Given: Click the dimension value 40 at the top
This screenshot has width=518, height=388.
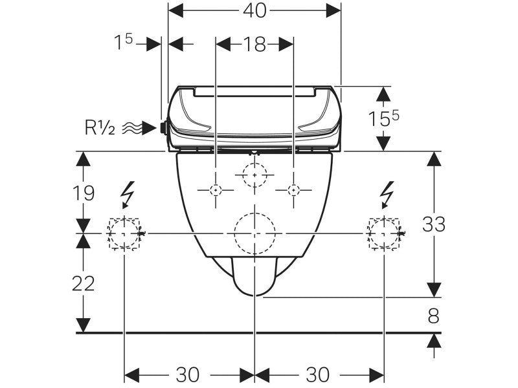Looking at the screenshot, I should coord(255,11).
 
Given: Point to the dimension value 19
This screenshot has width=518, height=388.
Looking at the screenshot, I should coord(84,192).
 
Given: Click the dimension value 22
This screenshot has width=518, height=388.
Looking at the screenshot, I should coord(84,283).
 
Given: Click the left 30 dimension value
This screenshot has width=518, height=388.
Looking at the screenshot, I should coord(188,374).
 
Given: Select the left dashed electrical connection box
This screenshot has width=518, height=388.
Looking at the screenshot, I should coord(124,233).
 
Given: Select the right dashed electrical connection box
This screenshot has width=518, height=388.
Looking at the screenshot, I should coord(385,233).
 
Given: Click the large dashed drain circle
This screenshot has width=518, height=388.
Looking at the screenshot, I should coord(255,233).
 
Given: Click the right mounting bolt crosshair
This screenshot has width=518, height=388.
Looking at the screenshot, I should coord(294,189).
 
